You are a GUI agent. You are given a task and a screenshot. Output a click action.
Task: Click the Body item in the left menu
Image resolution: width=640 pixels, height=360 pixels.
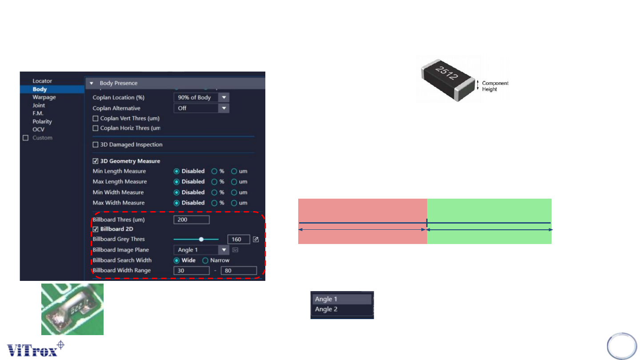40,89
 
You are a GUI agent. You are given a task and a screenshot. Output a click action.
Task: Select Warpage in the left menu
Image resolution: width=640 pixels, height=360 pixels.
44,97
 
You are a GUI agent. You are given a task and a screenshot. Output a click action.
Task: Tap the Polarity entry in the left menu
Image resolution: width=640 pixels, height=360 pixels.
42,121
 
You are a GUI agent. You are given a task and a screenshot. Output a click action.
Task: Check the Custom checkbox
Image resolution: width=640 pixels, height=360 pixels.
25,138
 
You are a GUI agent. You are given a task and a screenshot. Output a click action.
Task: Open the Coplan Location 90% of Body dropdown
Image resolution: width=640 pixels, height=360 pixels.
224,97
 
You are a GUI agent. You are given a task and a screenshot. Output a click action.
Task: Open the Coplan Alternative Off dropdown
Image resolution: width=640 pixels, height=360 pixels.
224,108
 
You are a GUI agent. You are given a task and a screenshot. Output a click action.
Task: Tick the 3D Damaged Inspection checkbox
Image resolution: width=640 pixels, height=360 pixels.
95,144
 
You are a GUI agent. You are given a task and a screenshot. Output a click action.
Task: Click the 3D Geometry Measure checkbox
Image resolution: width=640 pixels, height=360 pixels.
95,161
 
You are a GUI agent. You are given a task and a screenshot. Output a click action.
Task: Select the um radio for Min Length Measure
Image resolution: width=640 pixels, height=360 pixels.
234,171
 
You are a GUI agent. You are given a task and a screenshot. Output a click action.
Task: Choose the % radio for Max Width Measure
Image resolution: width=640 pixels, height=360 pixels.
214,203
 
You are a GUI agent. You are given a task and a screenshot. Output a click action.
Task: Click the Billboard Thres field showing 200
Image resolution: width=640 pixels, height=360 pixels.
191,220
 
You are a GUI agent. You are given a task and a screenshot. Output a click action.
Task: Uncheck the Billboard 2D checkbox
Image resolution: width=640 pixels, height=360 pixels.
95,229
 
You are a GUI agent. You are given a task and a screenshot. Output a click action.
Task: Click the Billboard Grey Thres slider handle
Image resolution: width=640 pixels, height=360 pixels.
201,239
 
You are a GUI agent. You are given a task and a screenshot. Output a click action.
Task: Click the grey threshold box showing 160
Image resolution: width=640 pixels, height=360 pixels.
238,239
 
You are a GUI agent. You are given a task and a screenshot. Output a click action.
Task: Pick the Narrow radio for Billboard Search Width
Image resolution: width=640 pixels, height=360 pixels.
205,260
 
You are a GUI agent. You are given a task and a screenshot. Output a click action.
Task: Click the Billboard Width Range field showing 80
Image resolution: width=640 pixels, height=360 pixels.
239,270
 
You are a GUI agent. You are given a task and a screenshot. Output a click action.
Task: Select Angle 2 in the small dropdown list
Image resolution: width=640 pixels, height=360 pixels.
326,309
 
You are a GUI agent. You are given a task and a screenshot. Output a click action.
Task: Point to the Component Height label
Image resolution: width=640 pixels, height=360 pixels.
495,86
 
